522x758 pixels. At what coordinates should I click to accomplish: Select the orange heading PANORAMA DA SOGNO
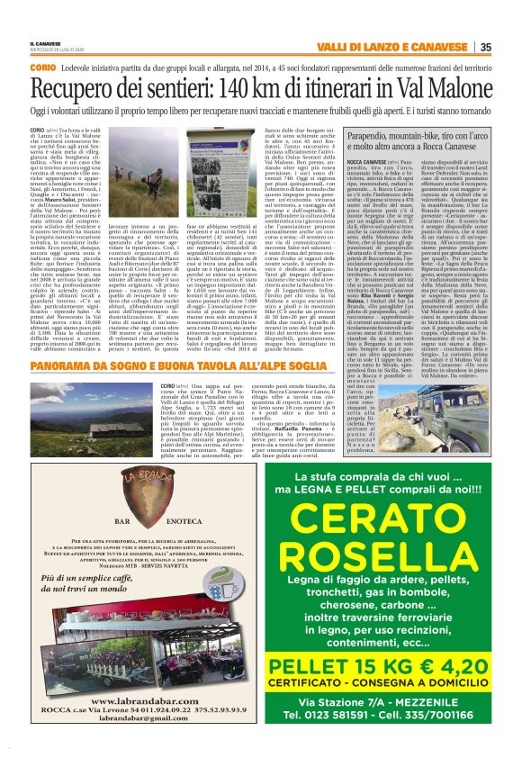(90, 366)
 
